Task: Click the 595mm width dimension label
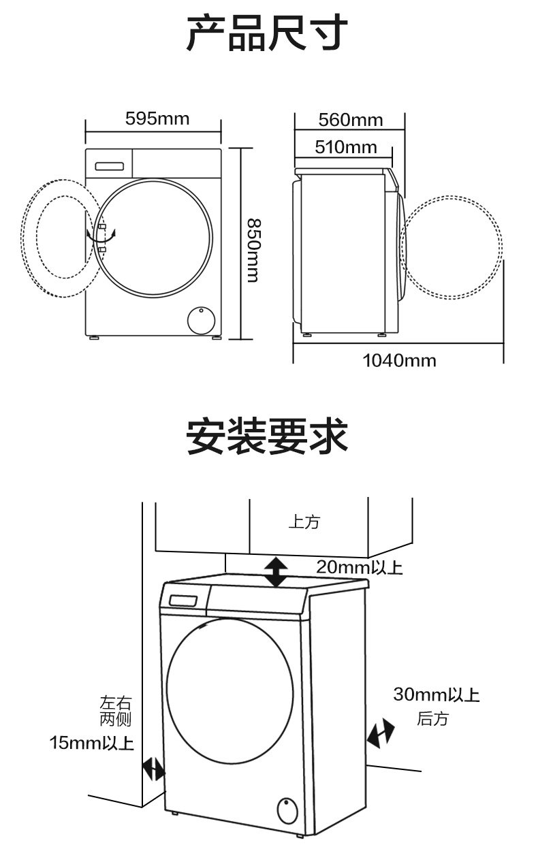[x=157, y=118]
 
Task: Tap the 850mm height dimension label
[x=253, y=251]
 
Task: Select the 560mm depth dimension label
[x=351, y=120]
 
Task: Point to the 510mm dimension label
[x=346, y=147]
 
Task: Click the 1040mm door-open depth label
[x=400, y=361]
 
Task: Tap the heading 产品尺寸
[x=267, y=33]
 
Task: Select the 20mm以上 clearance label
[x=360, y=567]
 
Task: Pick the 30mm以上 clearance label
[x=437, y=694]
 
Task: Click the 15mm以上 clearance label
[x=91, y=743]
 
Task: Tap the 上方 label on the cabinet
[x=304, y=522]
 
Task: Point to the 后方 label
[x=432, y=719]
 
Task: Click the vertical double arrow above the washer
[x=276, y=572]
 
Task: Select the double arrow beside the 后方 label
[x=381, y=733]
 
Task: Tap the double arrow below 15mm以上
[x=154, y=769]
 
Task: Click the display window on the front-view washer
[x=110, y=166]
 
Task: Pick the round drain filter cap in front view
[x=202, y=320]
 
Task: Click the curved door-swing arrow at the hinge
[x=101, y=236]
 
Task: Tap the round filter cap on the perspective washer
[x=287, y=811]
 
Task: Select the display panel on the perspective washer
[x=183, y=601]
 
